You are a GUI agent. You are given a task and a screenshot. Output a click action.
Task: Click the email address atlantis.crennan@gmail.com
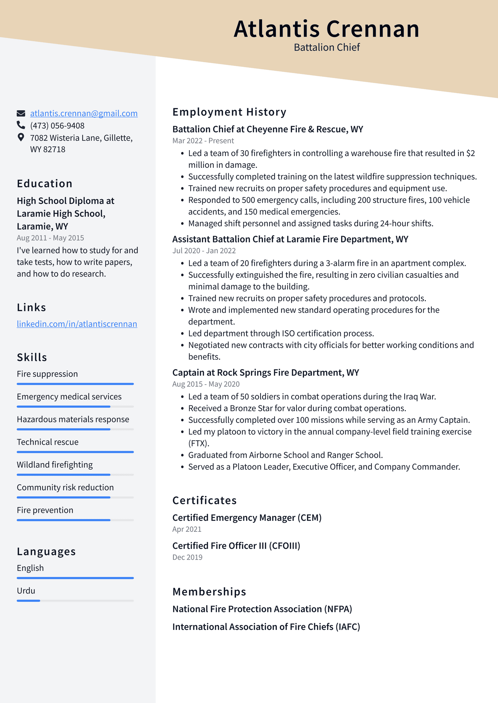84,113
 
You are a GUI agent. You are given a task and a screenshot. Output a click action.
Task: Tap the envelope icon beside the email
21,113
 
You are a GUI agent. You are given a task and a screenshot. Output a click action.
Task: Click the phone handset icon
21,125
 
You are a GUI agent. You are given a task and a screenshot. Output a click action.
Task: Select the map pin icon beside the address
21,137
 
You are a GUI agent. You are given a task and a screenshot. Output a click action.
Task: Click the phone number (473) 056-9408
57,126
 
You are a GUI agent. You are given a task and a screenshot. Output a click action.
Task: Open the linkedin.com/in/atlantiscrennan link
77,324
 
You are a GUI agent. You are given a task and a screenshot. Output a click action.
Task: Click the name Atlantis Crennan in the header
326,29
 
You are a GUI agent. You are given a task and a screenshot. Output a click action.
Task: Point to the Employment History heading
229,112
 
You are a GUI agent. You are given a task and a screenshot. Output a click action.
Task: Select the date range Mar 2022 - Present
203,141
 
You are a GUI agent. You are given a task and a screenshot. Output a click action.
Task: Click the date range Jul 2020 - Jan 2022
204,251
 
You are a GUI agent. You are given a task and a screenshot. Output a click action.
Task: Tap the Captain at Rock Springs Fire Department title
265,372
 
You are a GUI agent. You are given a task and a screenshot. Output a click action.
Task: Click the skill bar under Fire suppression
75,384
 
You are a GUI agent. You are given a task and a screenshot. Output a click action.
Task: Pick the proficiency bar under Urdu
75,601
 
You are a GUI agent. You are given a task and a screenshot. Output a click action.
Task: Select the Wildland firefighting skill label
55,465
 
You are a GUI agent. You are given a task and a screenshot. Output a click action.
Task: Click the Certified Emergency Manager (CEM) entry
247,518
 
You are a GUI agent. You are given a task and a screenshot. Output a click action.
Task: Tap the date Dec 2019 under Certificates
187,557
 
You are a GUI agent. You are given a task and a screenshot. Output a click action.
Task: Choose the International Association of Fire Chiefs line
266,627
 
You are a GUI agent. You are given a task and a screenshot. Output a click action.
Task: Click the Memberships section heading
209,592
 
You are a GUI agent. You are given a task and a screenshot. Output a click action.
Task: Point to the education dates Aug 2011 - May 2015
50,238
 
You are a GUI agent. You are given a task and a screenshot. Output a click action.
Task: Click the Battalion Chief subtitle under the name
327,48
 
